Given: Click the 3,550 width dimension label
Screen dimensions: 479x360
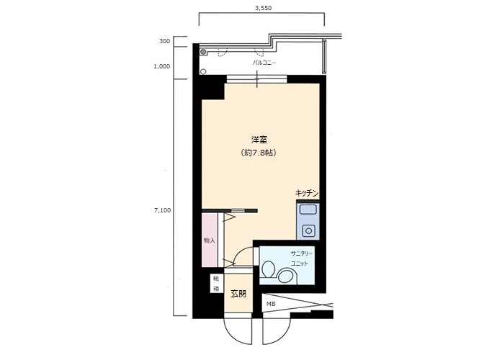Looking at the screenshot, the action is pyautogui.click(x=263, y=8).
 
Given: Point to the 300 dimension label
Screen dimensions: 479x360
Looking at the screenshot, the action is pyautogui.click(x=164, y=41).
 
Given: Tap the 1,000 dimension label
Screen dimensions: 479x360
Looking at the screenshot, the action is pyautogui.click(x=162, y=66).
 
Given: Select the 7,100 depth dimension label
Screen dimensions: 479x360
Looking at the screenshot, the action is pyautogui.click(x=163, y=210).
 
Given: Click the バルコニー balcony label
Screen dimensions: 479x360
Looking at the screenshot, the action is pyautogui.click(x=264, y=63).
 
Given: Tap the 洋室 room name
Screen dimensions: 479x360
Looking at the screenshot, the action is pyautogui.click(x=259, y=140).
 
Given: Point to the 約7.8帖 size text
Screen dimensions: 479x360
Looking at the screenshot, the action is pyautogui.click(x=259, y=153).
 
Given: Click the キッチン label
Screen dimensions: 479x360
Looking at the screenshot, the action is pyautogui.click(x=307, y=193).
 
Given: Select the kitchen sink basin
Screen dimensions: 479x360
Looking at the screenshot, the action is pyautogui.click(x=308, y=210).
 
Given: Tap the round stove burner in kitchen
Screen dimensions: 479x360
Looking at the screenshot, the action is pyautogui.click(x=308, y=231).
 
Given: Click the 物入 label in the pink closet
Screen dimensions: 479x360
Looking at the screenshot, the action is pyautogui.click(x=210, y=240).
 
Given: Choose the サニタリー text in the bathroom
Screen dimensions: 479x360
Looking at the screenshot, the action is pyautogui.click(x=302, y=253).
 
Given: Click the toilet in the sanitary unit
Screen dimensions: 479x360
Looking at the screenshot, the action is pyautogui.click(x=268, y=269).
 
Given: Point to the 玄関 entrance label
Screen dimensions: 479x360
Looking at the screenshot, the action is pyautogui.click(x=238, y=294).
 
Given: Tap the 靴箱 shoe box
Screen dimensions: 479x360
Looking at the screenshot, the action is pyautogui.click(x=217, y=284).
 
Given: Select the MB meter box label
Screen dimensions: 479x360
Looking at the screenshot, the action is pyautogui.click(x=271, y=304).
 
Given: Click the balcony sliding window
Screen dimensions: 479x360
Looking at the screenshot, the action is pyautogui.click(x=256, y=79).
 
